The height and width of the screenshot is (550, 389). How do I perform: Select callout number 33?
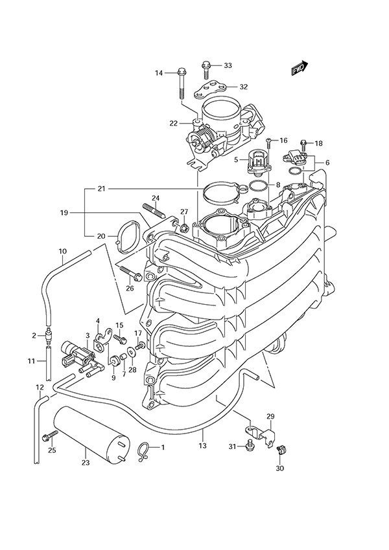[228, 65]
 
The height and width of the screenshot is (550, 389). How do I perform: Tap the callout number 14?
[159, 73]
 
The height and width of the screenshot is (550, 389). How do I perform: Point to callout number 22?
[156, 123]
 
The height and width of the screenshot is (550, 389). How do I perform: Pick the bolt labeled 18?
[303, 143]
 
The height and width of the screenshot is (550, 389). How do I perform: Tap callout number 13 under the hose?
[202, 446]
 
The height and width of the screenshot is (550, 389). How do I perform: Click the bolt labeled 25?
[47, 437]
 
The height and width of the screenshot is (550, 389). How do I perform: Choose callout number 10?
[62, 251]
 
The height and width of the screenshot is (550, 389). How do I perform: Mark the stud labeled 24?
[154, 212]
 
